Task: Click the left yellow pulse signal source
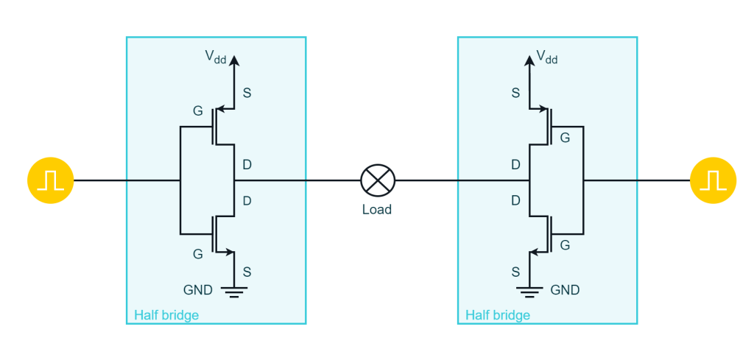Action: tap(51, 180)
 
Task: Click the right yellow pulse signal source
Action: tap(713, 180)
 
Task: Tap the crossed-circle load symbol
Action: tap(378, 180)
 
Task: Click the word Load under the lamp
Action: tap(377, 210)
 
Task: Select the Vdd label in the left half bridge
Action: tap(216, 57)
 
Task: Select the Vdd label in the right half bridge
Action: tap(547, 57)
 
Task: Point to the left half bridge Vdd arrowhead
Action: tap(234, 60)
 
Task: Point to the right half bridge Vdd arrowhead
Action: tap(529, 60)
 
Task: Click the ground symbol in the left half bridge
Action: tap(234, 292)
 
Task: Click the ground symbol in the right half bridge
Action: tap(529, 292)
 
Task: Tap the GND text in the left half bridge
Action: tap(197, 290)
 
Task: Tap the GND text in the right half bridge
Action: tap(565, 290)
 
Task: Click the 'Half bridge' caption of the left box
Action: tap(166, 315)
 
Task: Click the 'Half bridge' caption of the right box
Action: tap(498, 315)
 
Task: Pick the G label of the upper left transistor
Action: tap(197, 111)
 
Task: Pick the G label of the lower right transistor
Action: tap(565, 245)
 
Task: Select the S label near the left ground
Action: tap(247, 272)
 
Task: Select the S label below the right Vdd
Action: tap(515, 93)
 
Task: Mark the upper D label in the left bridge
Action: tap(247, 165)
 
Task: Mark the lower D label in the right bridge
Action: tap(515, 200)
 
